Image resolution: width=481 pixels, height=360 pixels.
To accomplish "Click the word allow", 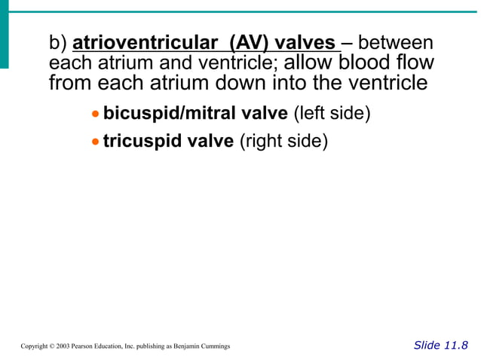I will click(311, 63).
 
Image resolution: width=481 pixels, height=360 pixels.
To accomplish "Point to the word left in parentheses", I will click(312, 114).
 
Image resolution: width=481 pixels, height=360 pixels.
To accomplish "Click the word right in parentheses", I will click(265, 141).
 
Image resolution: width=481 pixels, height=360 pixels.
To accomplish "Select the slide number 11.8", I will click(455, 345).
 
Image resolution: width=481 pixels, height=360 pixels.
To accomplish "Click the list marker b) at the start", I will click(58, 43).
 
